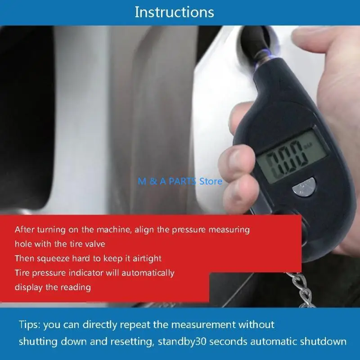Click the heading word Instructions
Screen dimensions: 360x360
click(174, 12)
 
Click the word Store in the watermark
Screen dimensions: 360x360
click(211, 181)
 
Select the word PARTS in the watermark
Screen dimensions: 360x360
click(180, 181)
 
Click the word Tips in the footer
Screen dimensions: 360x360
click(30, 324)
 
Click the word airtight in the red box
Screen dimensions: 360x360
click(145, 258)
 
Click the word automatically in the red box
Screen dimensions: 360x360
click(147, 273)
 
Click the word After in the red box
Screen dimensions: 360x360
click(25, 229)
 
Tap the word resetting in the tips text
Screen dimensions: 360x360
click(126, 342)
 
